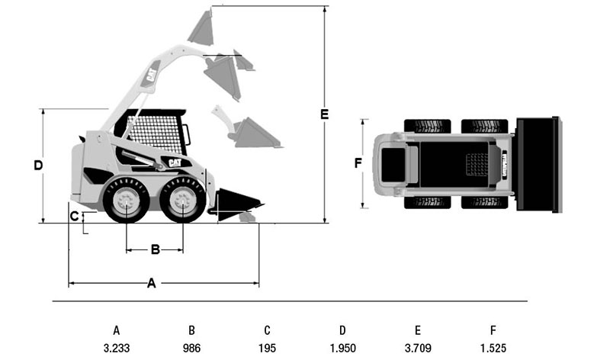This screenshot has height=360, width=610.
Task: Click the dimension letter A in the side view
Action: (x=152, y=284)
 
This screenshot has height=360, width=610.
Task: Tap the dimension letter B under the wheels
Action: (x=155, y=249)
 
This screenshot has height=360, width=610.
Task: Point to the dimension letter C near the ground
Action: (x=75, y=216)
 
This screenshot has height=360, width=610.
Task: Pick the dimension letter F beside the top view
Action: (x=358, y=162)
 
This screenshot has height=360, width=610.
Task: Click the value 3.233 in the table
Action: (x=117, y=348)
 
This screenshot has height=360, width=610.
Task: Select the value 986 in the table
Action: (x=192, y=348)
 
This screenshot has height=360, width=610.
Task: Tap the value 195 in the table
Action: (x=267, y=348)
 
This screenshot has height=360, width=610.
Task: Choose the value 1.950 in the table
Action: (x=342, y=348)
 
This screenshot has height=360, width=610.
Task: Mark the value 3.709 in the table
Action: (x=418, y=348)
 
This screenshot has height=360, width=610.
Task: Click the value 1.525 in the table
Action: (x=493, y=348)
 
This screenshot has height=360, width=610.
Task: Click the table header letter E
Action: (x=418, y=330)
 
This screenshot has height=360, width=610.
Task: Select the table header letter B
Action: (x=192, y=330)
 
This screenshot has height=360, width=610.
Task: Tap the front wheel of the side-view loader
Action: (x=182, y=201)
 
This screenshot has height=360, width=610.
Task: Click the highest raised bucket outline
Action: (x=202, y=27)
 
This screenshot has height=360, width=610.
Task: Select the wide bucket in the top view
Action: (x=538, y=163)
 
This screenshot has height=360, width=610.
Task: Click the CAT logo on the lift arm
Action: (x=151, y=75)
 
